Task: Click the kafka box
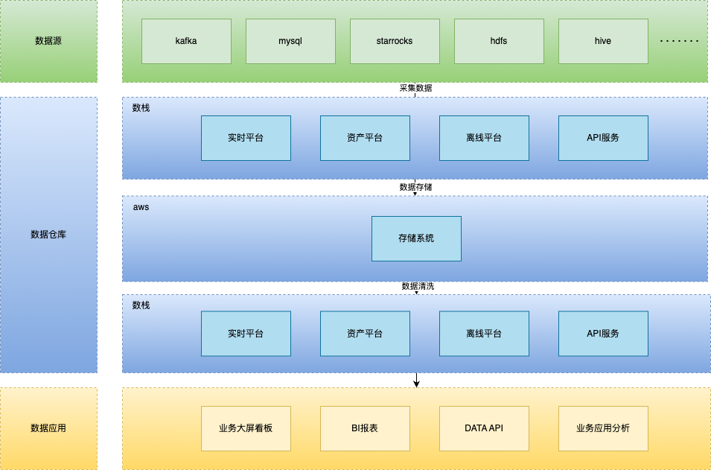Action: coord(186,41)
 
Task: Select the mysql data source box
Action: coord(290,41)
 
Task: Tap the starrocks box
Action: coord(395,41)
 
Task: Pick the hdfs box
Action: coord(499,41)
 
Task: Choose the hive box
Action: coord(603,41)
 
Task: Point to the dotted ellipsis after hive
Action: coord(679,41)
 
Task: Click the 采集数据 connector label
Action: coord(415,88)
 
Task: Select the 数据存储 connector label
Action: coord(415,187)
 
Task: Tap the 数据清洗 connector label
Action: coord(418,286)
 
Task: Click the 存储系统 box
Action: coord(416,238)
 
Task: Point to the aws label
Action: coord(141,207)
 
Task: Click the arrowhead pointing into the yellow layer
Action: coord(416,384)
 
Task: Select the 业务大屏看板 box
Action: coord(246,428)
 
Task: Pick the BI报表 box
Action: coord(365,428)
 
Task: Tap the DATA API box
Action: coord(484,428)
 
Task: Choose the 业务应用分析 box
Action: coord(603,428)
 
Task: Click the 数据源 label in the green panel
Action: coord(48,41)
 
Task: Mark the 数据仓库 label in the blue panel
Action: coord(48,235)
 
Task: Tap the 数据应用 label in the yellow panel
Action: coord(48,428)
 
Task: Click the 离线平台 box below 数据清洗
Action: coord(484,334)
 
